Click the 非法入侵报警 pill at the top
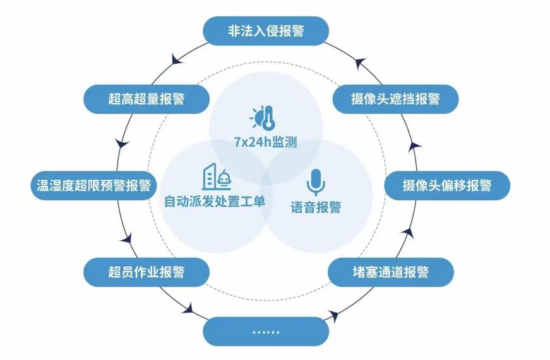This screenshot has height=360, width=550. click(x=266, y=31)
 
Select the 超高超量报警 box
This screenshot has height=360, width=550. click(x=146, y=99)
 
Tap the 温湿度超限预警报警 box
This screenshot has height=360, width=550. click(x=93, y=186)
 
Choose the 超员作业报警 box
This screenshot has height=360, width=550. click(x=146, y=272)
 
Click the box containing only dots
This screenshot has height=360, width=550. click(x=266, y=332)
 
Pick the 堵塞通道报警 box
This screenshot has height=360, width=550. click(x=391, y=272)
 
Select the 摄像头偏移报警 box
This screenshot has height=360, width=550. click(x=447, y=186)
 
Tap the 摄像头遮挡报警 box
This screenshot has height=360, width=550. click(x=396, y=99)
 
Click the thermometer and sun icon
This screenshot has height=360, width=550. click(x=263, y=117)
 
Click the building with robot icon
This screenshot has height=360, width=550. click(x=217, y=177)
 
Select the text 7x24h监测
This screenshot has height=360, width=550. click(x=266, y=142)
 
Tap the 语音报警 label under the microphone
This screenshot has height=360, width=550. click(x=316, y=207)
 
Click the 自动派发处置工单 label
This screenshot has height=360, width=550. click(x=215, y=201)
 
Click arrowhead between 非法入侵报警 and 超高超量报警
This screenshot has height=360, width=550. click(x=177, y=59)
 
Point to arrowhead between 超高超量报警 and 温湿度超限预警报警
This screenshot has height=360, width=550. click(x=122, y=143)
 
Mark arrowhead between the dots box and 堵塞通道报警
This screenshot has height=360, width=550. click(x=333, y=315)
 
